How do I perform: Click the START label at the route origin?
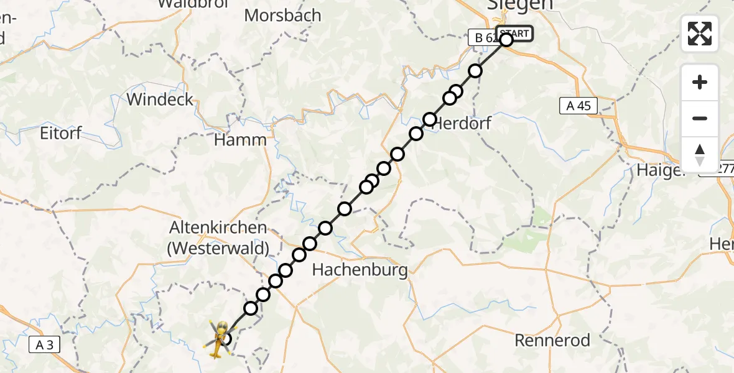click(x=514, y=34)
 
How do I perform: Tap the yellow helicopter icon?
click(x=218, y=339)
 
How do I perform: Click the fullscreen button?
click(x=700, y=34)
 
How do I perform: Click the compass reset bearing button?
click(x=700, y=155)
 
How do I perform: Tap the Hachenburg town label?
click(x=360, y=270)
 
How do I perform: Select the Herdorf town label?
click(x=462, y=123)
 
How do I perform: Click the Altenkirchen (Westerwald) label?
click(x=218, y=238)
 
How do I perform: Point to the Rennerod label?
click(x=552, y=340)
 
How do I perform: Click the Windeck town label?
click(x=160, y=99)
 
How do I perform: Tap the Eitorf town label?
click(x=60, y=133)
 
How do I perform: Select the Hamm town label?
click(x=240, y=140)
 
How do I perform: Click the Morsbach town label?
click(x=283, y=16)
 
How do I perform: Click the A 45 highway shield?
click(x=578, y=106)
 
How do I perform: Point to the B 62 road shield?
click(x=483, y=38)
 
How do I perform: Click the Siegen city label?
click(x=520, y=5)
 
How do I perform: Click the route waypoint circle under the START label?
click(x=506, y=40)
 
